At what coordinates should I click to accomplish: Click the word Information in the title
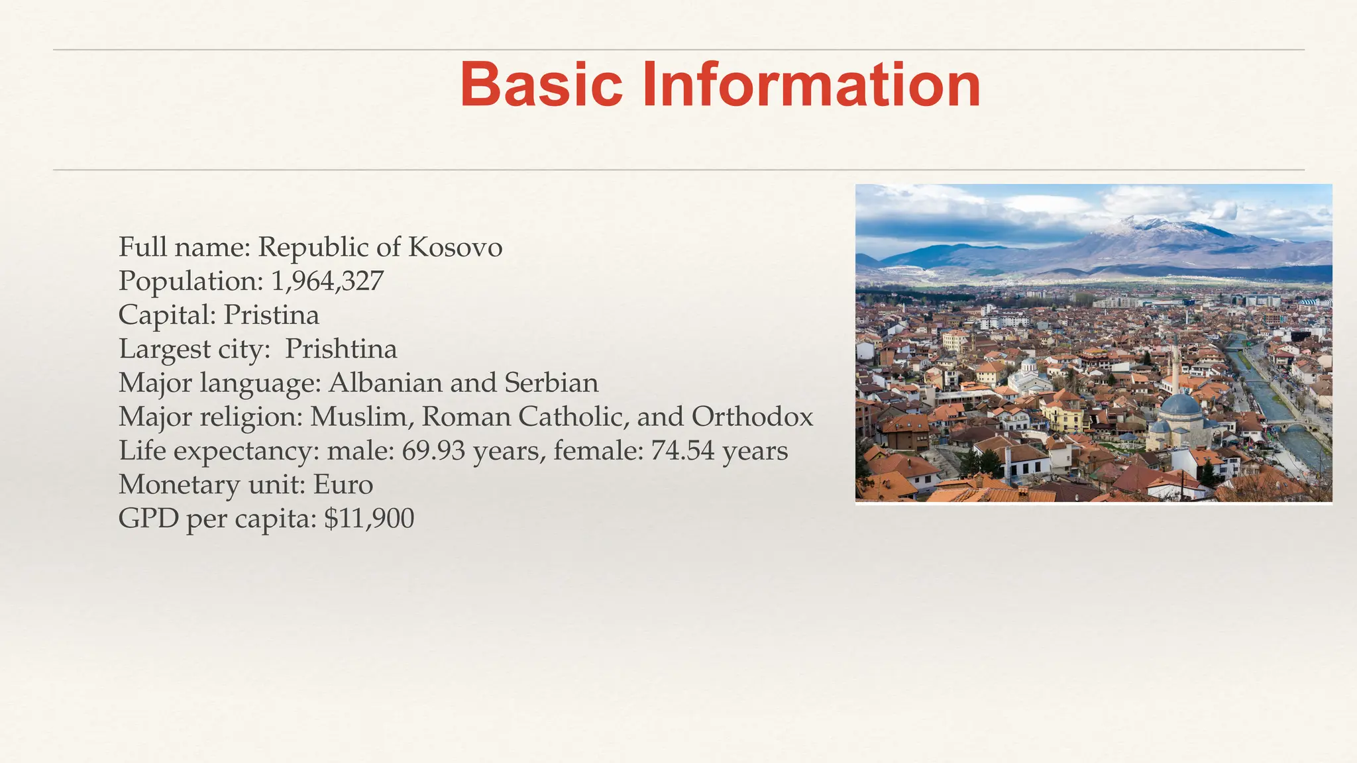coord(811,85)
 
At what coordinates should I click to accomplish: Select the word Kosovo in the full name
coord(455,247)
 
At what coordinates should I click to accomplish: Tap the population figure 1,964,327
coord(327,281)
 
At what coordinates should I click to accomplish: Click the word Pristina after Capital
coord(271,315)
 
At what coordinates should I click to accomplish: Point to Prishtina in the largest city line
coord(341,349)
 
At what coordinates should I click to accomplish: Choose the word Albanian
coord(385,383)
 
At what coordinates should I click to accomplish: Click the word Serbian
coord(551,383)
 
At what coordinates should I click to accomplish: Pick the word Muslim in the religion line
coord(360,417)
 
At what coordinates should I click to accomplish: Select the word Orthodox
coord(752,417)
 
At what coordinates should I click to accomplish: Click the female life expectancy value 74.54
coord(682,451)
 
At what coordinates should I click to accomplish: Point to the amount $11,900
coord(369,519)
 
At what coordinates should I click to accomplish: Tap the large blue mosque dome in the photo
coord(1181,405)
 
